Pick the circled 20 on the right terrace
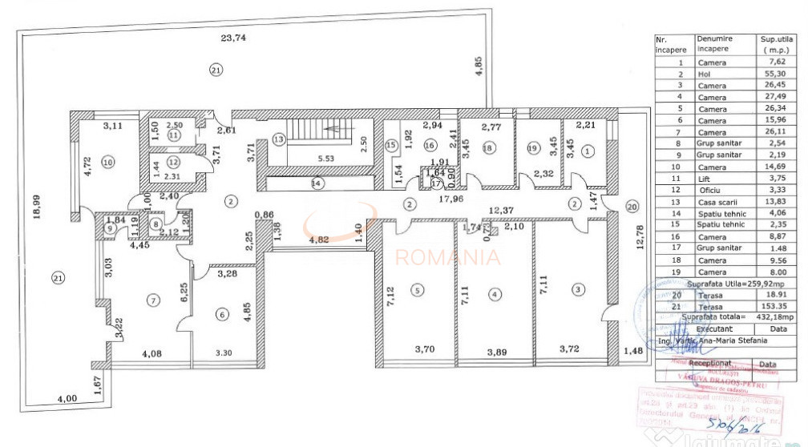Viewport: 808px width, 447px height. [631, 207]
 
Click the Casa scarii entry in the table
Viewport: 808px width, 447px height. [715, 202]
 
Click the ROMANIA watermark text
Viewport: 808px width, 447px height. [449, 258]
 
